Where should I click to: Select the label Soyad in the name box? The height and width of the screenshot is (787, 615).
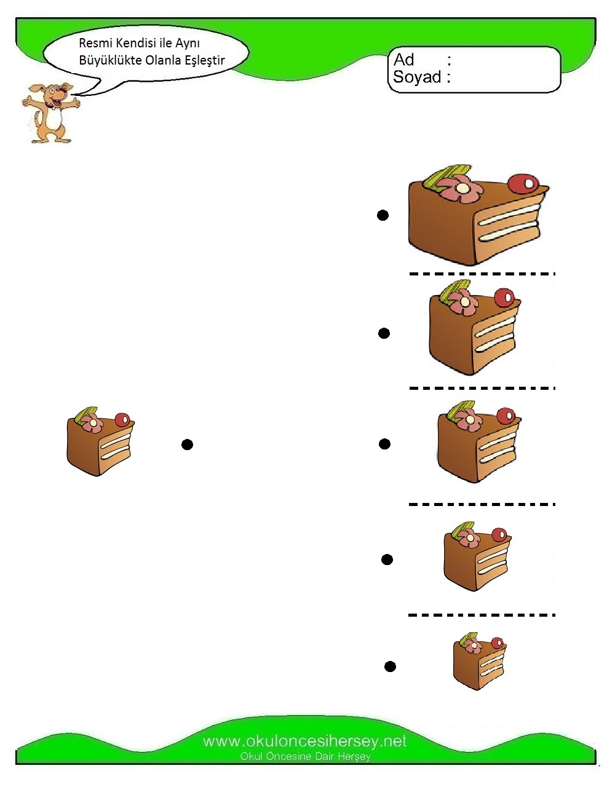(x=417, y=77)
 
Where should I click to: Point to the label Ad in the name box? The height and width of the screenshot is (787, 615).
(x=404, y=60)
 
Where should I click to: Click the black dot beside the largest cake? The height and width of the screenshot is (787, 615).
(x=383, y=215)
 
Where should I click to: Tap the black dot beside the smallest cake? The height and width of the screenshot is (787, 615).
(x=390, y=666)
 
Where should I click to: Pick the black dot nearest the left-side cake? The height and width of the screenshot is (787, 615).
(x=188, y=445)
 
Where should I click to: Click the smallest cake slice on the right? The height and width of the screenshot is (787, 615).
(x=479, y=662)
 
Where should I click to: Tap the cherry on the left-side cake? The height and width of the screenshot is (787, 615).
(x=122, y=420)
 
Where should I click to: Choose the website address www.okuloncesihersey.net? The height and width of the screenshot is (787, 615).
(x=304, y=742)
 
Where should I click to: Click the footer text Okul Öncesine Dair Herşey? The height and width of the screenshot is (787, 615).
(x=305, y=756)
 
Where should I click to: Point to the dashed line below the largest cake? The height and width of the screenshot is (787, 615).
(x=482, y=274)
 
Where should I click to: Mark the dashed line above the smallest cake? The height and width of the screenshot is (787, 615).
(x=482, y=615)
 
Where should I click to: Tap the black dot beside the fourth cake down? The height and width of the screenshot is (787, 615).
(x=387, y=560)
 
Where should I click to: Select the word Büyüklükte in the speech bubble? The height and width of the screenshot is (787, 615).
(x=108, y=60)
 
